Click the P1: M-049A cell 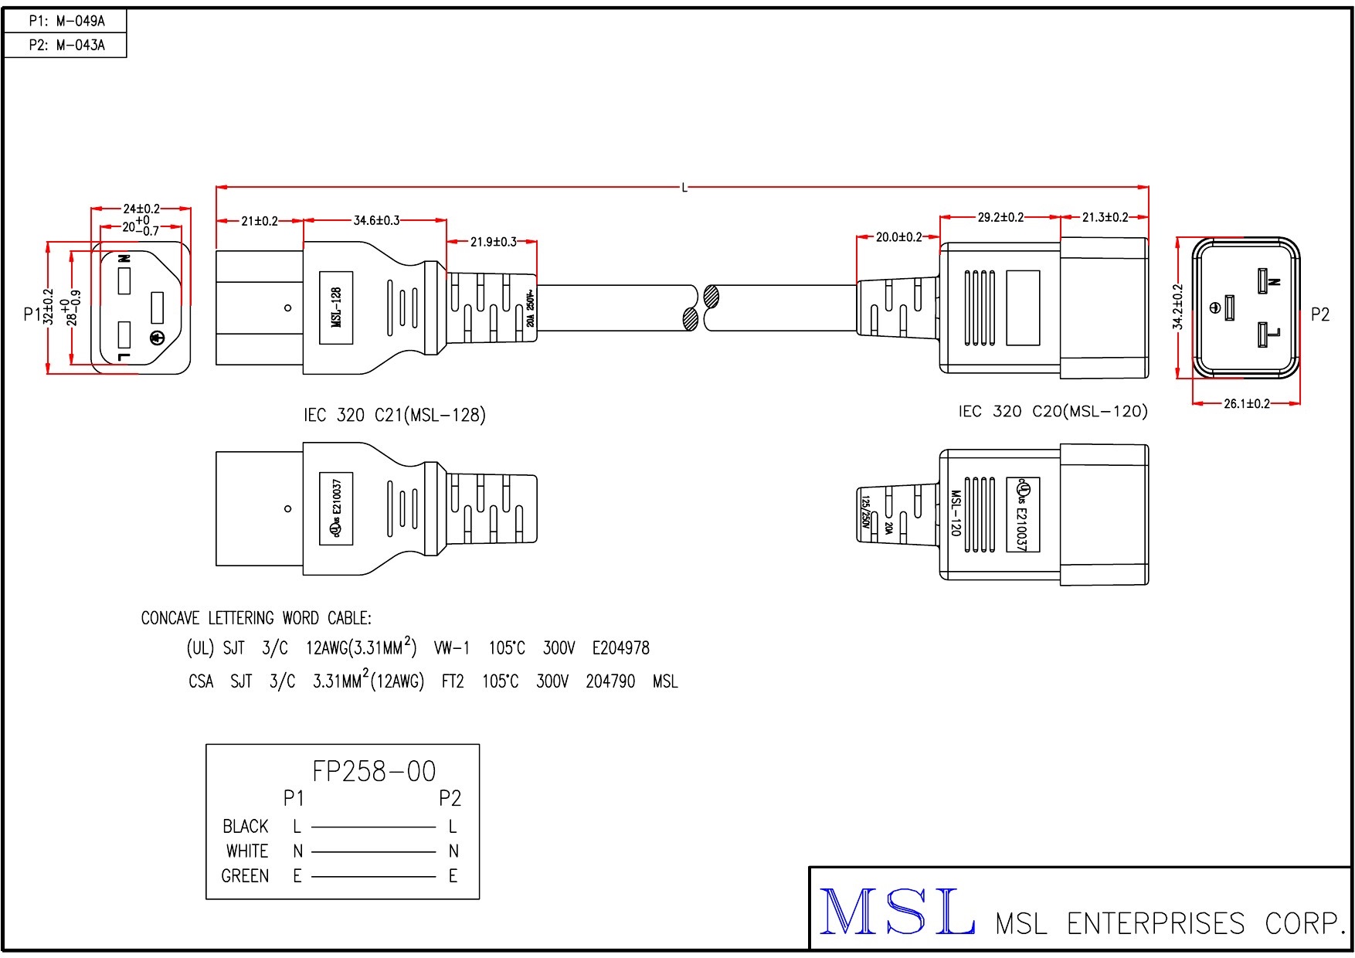click(x=66, y=21)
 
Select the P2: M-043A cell click(x=66, y=45)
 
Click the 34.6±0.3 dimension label click(x=376, y=221)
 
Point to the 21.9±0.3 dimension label click(x=493, y=242)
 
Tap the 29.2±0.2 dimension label click(x=1000, y=218)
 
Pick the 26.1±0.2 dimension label click(x=1246, y=403)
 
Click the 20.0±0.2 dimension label click(x=898, y=237)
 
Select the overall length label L click(x=684, y=188)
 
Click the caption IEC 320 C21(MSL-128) click(x=394, y=416)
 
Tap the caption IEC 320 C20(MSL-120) click(x=1052, y=412)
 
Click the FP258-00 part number click(x=374, y=771)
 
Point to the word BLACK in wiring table click(x=245, y=827)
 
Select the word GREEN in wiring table click(x=245, y=876)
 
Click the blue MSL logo click(x=896, y=912)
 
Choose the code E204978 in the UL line click(x=620, y=648)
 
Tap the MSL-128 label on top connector click(x=336, y=307)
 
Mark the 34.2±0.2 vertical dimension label click(x=1177, y=307)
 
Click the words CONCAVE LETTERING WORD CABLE click(x=256, y=618)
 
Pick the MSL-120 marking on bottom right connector click(x=955, y=512)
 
